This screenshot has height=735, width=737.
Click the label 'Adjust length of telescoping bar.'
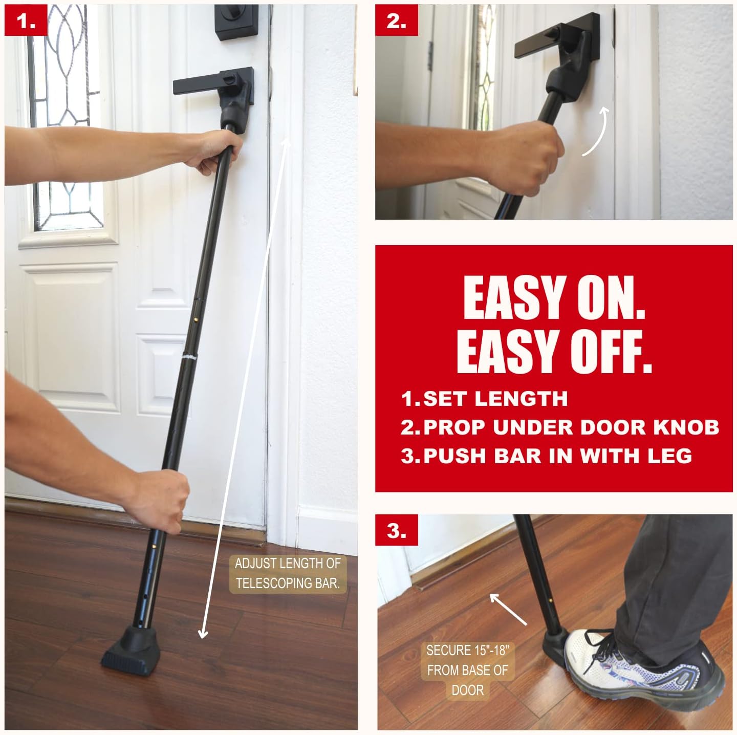click(288, 573)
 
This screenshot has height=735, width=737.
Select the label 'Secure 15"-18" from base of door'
click(467, 670)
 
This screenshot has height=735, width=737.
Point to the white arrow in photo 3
click(508, 609)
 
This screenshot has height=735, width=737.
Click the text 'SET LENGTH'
click(495, 399)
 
